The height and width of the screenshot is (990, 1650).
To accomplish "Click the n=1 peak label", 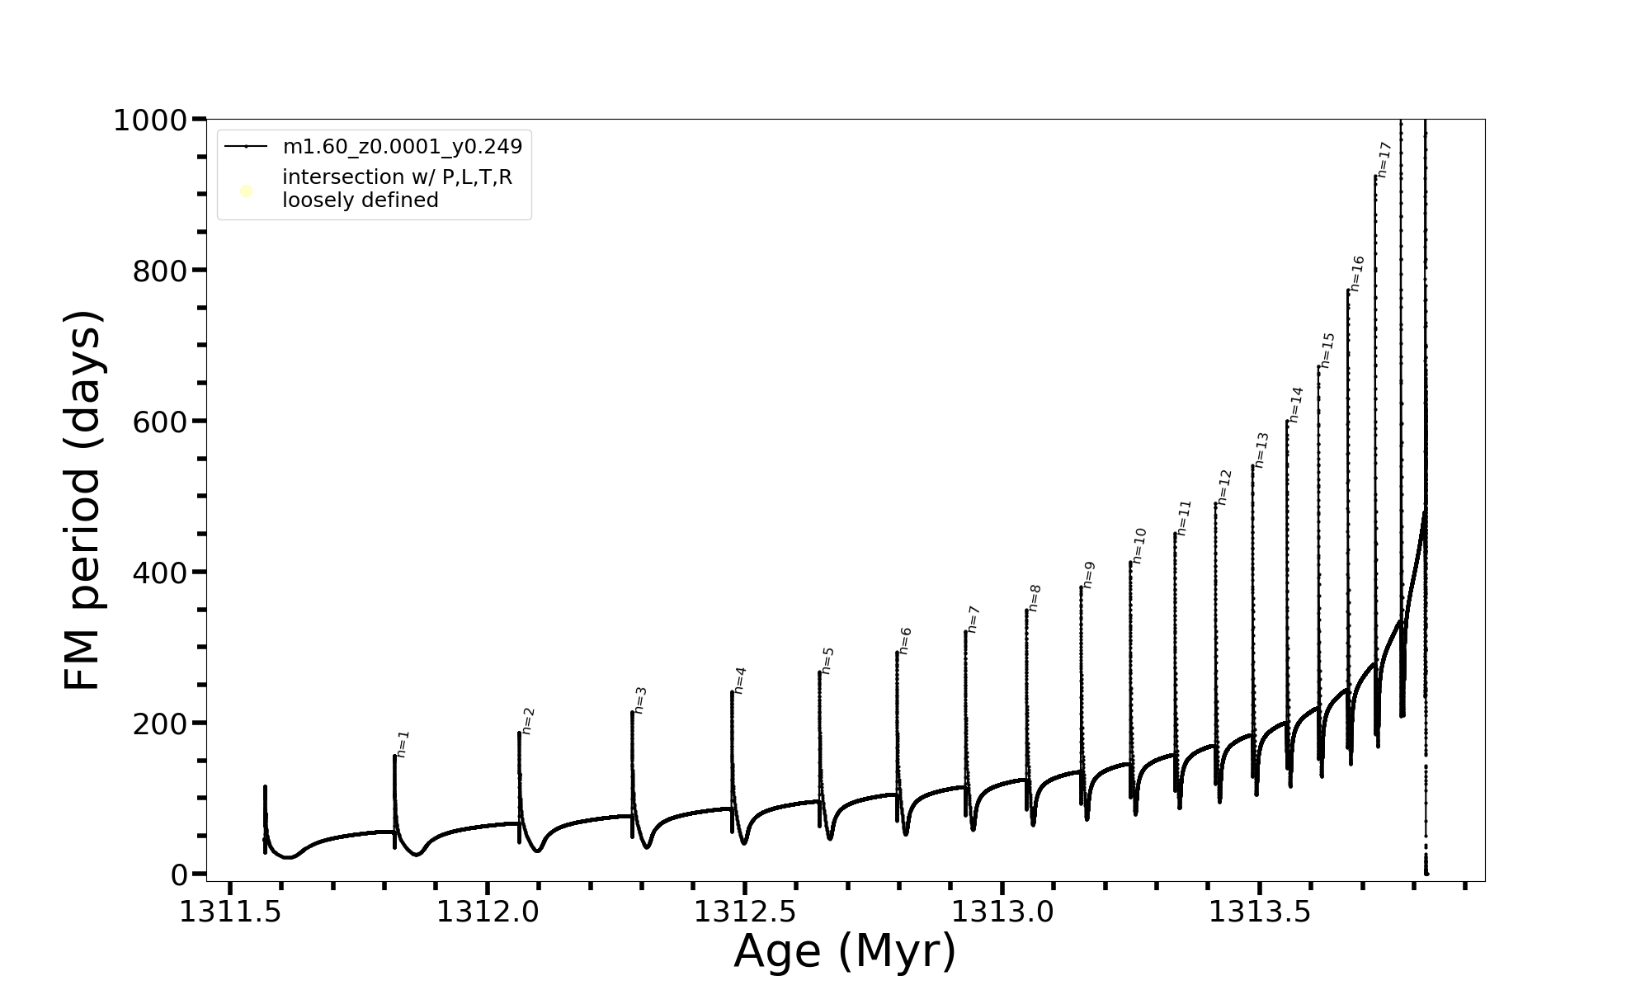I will (403, 743).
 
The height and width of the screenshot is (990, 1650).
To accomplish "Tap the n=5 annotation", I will (827, 660).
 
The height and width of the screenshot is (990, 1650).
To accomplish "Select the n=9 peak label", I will (1088, 574).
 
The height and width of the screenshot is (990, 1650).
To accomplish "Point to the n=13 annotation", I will (1261, 450).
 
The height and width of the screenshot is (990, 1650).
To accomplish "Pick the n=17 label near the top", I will (1384, 159).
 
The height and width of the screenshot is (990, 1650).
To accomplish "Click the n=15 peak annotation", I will (1327, 350).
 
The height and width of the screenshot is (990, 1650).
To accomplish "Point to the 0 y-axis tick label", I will (181, 874).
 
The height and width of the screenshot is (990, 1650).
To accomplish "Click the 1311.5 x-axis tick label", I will (230, 912).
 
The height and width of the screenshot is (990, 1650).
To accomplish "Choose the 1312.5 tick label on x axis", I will (745, 912).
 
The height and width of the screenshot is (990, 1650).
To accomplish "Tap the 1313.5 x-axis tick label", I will (1260, 912).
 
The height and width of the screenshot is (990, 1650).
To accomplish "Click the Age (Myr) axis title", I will (845, 951).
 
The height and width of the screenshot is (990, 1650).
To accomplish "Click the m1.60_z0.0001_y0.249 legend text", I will (403, 147).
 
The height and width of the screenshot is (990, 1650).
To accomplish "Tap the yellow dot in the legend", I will (246, 191).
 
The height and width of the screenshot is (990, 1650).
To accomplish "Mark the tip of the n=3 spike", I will (632, 712).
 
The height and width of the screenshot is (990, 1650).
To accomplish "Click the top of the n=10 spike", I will (1130, 563).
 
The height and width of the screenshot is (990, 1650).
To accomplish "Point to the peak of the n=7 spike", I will (965, 632).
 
